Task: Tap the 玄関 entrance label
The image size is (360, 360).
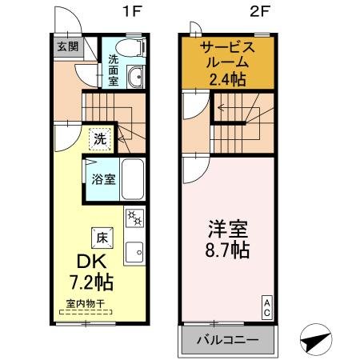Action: pyautogui.click(x=65, y=46)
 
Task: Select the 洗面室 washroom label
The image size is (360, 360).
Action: pyautogui.click(x=114, y=70)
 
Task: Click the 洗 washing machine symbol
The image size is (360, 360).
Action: pyautogui.click(x=98, y=138)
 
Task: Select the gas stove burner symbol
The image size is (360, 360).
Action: pyautogui.click(x=134, y=218)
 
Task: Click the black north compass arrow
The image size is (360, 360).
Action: pyautogui.click(x=314, y=340)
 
